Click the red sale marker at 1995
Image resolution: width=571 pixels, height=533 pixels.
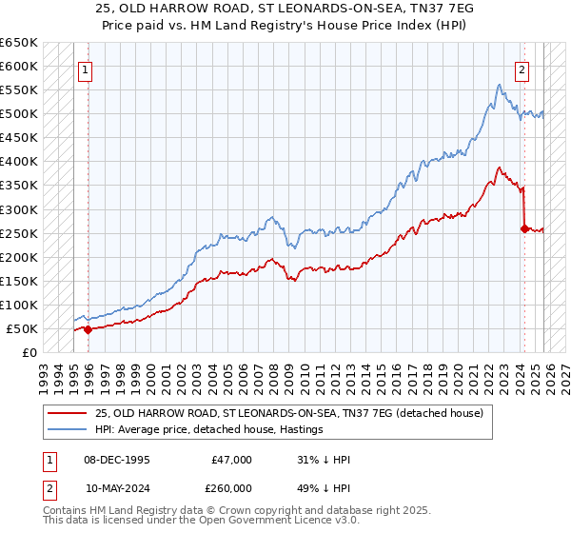[x=89, y=330]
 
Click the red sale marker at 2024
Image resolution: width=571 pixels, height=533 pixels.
[x=524, y=227]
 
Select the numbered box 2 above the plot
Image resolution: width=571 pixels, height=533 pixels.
[x=522, y=69]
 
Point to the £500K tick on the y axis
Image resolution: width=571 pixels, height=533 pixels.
[x=19, y=114]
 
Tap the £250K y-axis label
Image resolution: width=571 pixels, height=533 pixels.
[x=19, y=233]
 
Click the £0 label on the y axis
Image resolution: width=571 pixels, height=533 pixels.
[x=30, y=352]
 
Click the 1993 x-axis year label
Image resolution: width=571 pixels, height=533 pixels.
[x=45, y=371]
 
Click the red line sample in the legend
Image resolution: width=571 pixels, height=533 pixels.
[x=69, y=413]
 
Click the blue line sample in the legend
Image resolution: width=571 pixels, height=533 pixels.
[x=69, y=429]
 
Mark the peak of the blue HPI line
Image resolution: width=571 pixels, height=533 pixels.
[x=499, y=85]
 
